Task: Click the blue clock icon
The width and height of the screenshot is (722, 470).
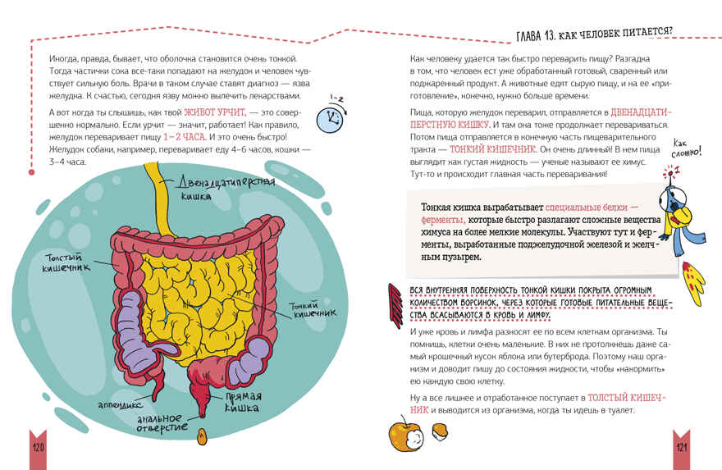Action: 330,120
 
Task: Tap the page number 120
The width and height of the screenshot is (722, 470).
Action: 39,447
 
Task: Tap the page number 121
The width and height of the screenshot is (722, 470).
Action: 682,447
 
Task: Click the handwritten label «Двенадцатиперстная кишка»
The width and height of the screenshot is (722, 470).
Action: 226,187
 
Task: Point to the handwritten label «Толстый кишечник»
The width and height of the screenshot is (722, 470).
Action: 66,262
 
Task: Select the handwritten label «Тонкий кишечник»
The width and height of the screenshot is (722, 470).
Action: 313,309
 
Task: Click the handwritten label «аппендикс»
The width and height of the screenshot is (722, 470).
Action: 120,405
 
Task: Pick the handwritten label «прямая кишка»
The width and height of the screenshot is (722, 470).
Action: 243,402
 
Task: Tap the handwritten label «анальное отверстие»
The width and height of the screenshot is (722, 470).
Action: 162,423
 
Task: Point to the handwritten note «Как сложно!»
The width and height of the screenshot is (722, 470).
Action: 686,148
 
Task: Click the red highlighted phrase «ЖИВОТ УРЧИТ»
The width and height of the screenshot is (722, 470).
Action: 215,112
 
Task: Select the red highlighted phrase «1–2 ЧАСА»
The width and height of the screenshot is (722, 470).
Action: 184,137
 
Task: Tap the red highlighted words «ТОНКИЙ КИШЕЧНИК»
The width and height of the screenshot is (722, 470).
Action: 493,149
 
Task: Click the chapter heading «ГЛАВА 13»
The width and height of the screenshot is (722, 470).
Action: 535,35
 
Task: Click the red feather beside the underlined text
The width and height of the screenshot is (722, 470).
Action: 395,306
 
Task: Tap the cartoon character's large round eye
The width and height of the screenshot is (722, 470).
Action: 671,198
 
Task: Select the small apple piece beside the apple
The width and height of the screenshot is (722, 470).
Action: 439,433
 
